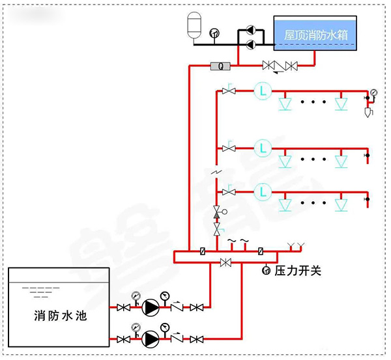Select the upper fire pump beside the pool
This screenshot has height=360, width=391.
151,307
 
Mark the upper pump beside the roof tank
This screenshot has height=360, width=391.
249,30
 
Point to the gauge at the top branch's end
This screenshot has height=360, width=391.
373,92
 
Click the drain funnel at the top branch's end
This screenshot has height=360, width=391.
368,113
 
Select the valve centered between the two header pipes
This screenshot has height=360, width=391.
226,262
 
